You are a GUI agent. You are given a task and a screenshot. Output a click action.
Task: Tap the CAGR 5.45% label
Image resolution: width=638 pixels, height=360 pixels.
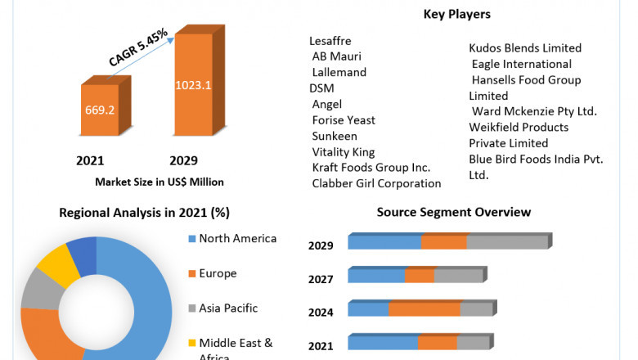tap(138, 47)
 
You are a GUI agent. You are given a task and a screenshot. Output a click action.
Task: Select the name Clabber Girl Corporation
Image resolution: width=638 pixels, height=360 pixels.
tap(376, 183)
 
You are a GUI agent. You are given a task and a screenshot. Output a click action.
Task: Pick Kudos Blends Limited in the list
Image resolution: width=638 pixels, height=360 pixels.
tap(525, 48)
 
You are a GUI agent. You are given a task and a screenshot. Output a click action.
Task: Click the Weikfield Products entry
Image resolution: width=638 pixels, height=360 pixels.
tap(519, 127)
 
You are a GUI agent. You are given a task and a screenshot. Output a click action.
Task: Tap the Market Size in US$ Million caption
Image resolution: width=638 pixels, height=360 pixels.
tap(159, 182)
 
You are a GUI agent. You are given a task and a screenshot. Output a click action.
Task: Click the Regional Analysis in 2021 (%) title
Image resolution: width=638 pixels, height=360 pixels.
tap(144, 213)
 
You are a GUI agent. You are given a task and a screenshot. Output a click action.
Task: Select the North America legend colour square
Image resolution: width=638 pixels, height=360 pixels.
tap(192, 239)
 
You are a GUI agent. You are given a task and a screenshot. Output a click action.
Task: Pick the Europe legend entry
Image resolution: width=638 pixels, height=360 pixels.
tap(218, 273)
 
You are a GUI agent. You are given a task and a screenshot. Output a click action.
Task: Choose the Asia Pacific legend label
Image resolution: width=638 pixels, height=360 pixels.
tap(228, 308)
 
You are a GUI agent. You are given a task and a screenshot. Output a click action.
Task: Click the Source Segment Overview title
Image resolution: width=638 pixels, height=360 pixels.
tap(454, 212)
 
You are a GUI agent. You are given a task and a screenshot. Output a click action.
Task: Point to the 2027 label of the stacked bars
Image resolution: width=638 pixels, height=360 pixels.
tap(321, 279)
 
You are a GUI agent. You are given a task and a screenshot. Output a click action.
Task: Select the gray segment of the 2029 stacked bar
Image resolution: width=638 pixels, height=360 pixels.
tap(506, 242)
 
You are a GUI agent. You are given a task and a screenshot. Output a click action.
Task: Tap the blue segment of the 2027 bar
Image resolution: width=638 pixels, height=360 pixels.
tap(376, 276)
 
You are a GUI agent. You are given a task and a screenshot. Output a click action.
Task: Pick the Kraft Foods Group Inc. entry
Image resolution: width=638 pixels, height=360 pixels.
tap(371, 168)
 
